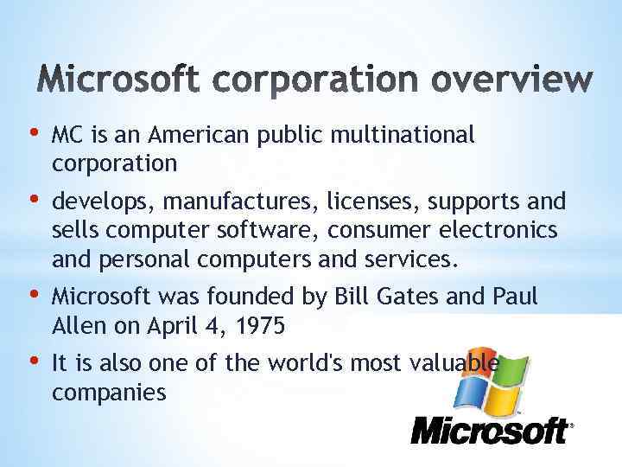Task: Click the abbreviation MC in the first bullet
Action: [67, 135]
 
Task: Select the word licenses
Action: [372, 202]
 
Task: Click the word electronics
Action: [511, 231]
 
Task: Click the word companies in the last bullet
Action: [109, 393]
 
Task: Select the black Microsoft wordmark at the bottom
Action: [489, 431]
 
